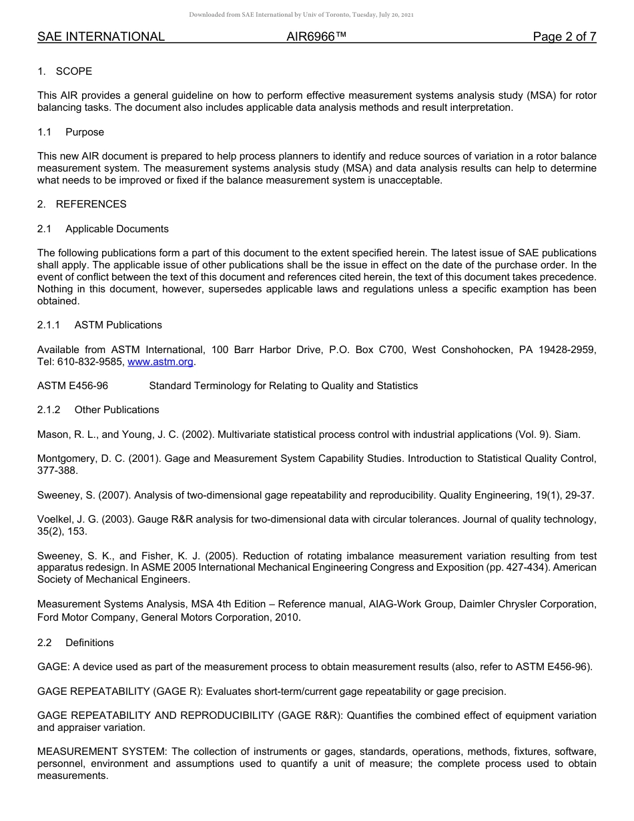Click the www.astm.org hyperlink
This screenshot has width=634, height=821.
(x=160, y=362)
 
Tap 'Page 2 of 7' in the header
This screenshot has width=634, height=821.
(x=564, y=37)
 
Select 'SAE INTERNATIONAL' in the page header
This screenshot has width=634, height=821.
(x=101, y=37)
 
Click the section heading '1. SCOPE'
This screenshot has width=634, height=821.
(x=65, y=71)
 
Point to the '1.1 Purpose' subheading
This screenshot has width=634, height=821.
(x=71, y=132)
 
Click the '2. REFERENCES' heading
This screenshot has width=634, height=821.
(x=81, y=204)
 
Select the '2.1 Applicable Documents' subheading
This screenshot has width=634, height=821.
(x=103, y=229)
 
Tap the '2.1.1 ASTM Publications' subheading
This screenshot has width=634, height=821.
(x=99, y=325)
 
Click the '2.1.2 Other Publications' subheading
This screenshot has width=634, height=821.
(x=98, y=410)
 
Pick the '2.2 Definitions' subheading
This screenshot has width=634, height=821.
(x=75, y=643)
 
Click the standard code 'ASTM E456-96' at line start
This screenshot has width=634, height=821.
(x=73, y=386)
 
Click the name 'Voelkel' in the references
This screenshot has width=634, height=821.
(x=55, y=519)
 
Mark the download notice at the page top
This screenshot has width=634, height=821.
(x=301, y=14)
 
